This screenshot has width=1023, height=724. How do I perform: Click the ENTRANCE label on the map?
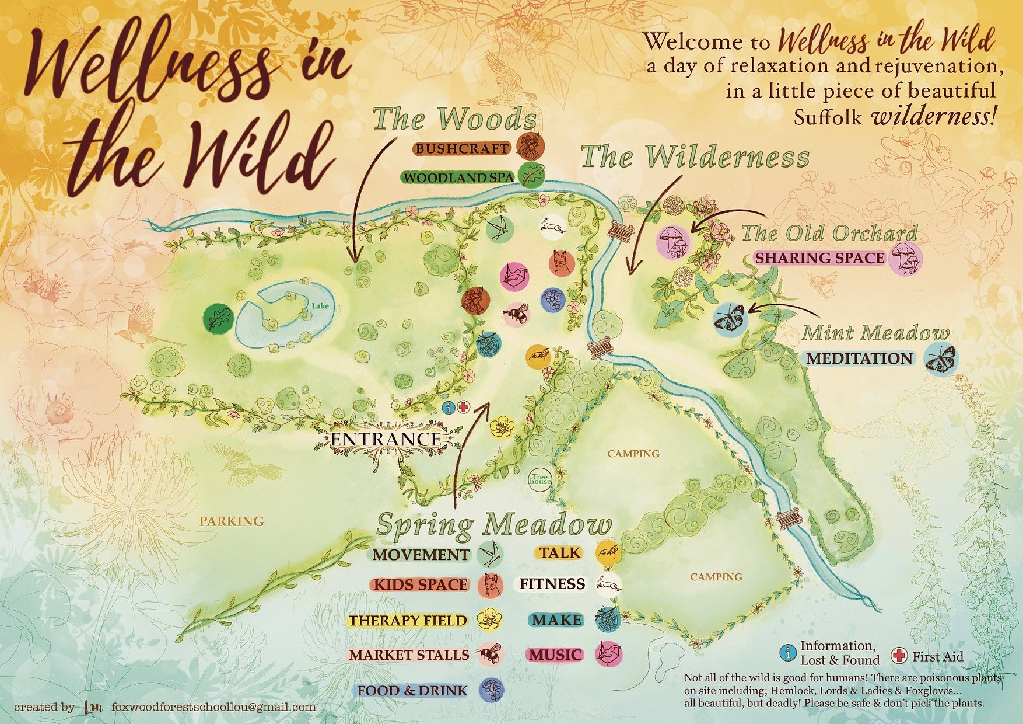tap(386, 440)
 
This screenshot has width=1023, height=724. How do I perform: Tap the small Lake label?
tap(320, 305)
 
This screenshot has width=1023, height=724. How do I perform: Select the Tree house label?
tap(540, 479)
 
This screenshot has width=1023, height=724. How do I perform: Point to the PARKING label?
tap(232, 521)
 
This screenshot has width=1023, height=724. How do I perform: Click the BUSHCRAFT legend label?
tap(461, 148)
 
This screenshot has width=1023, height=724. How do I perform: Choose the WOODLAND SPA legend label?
tap(458, 177)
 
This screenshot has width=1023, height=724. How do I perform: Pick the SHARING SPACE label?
tap(819, 258)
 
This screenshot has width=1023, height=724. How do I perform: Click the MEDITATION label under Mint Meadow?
tap(859, 358)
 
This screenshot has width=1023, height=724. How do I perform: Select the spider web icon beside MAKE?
tap(608, 619)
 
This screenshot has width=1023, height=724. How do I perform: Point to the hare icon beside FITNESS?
tap(609, 584)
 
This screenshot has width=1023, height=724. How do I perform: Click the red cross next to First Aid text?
tap(900, 656)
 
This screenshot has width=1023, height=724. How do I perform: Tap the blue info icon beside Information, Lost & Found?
tap(789, 653)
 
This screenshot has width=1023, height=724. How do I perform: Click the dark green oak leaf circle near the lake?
tap(218, 319)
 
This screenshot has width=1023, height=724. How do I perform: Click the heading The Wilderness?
tap(695, 156)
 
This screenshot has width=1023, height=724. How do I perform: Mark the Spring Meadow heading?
tap(494, 524)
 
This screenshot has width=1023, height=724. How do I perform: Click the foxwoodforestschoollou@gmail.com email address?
tap(213, 707)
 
